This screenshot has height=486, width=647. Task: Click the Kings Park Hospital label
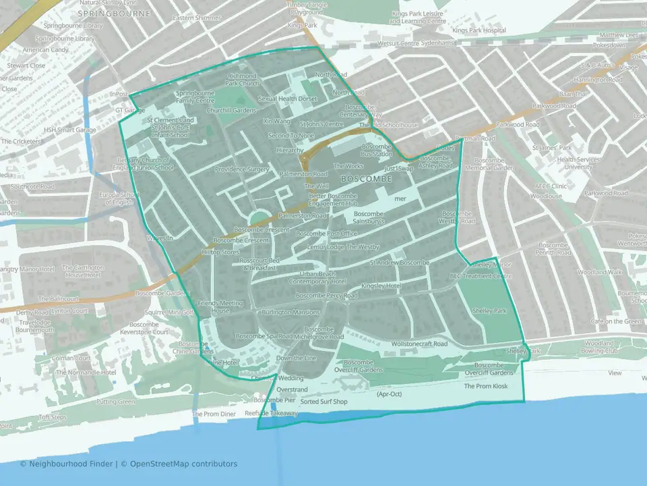coord(479,30)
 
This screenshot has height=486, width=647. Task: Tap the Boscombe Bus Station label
coord(377,151)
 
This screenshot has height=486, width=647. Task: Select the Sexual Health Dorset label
coord(287,99)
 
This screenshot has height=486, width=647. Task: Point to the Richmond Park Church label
coord(242,80)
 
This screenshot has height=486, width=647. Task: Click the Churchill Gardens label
coord(232,110)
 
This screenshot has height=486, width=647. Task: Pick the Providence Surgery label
coord(242,169)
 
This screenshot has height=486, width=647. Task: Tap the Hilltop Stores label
coord(220,252)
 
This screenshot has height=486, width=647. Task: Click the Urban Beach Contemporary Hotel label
coord(313,277)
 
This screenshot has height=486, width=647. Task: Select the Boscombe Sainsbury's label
coord(369,217)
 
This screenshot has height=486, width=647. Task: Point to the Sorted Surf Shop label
coord(323,402)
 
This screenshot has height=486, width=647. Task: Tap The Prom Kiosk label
coord(485,386)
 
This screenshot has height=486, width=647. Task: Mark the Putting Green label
coord(116,402)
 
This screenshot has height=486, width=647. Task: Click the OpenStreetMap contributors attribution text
coord(183,464)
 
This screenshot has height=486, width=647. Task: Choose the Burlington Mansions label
coord(291,313)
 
